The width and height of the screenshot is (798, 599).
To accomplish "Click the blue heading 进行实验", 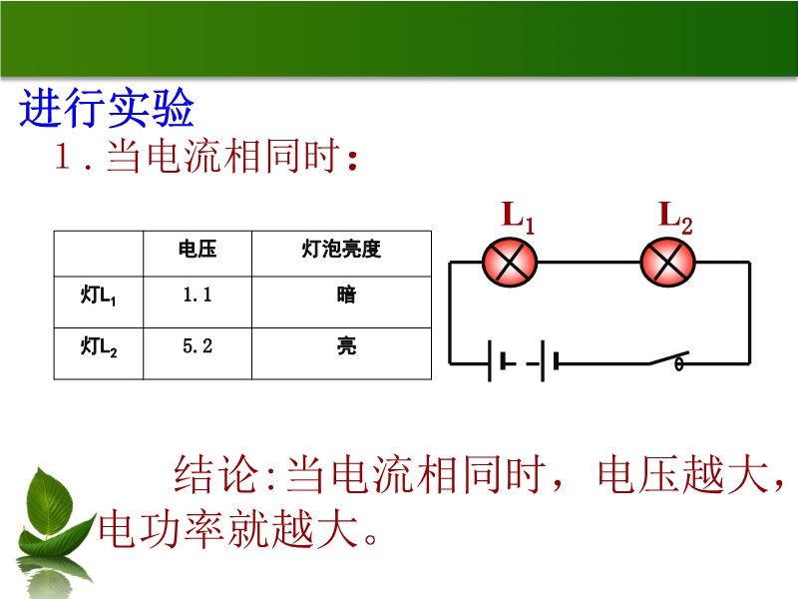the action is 107,108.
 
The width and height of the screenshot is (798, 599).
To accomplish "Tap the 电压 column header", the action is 198,249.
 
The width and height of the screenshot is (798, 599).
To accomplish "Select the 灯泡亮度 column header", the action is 341,249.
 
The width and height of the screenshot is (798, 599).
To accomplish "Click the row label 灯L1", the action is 98,296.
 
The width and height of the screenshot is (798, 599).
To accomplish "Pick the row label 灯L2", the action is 98,346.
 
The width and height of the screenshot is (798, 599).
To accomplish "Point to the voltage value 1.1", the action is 198,295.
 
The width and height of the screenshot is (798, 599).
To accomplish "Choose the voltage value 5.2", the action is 198,346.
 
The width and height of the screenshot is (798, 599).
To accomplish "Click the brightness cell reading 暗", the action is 346,295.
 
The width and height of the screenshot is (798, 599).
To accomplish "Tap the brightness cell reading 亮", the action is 346,346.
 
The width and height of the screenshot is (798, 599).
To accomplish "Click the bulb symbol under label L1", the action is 510,263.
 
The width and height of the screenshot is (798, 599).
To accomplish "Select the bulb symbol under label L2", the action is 667,263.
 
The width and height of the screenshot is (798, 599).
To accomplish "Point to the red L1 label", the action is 518,218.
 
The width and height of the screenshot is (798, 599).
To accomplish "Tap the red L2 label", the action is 675,218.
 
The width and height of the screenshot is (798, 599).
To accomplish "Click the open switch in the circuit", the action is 668,359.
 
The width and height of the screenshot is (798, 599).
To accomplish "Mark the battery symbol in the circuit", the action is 523,361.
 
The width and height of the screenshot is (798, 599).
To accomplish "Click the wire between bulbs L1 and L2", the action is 589,263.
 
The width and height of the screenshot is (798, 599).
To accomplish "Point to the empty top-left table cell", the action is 99,254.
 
